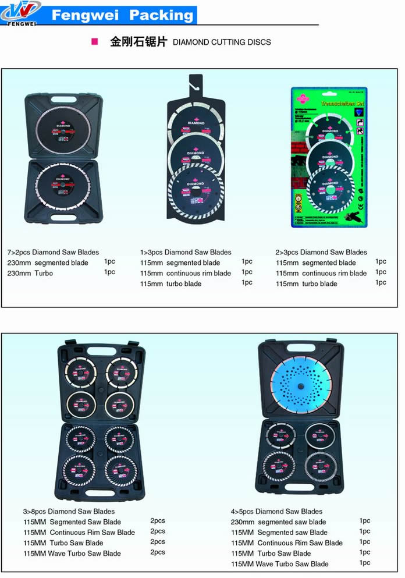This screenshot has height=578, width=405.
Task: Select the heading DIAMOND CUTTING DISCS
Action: point(222,42)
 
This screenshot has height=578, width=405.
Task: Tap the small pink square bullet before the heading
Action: point(94,42)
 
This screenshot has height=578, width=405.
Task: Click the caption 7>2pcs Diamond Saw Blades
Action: point(53,253)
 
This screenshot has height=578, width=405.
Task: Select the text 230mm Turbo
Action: point(30,274)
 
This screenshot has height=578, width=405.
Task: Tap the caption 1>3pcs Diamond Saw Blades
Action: point(186,253)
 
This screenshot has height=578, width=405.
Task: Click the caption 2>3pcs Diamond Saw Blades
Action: point(321,253)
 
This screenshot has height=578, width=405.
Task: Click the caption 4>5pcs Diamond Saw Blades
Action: point(276,512)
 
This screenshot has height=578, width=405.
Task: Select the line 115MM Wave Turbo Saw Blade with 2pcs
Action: point(72,554)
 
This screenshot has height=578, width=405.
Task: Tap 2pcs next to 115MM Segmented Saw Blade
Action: point(158,521)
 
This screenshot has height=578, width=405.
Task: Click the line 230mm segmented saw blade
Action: point(278,522)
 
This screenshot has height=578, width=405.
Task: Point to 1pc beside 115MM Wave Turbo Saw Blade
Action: point(365,563)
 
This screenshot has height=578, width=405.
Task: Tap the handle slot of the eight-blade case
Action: point(99,495)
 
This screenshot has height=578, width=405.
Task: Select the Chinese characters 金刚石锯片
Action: point(138,42)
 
